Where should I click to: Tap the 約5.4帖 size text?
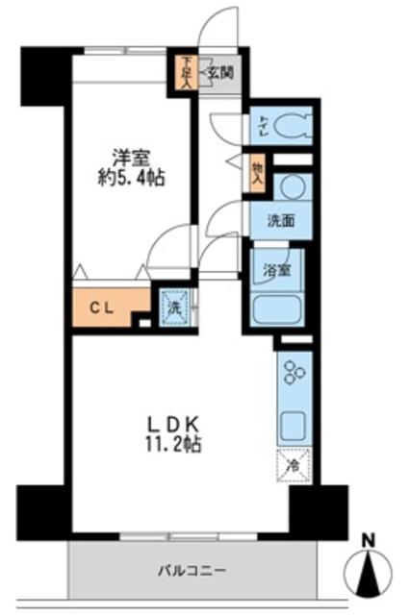[x=129, y=178]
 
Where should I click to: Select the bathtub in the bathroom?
[x=279, y=309]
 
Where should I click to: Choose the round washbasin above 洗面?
[x=292, y=187]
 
